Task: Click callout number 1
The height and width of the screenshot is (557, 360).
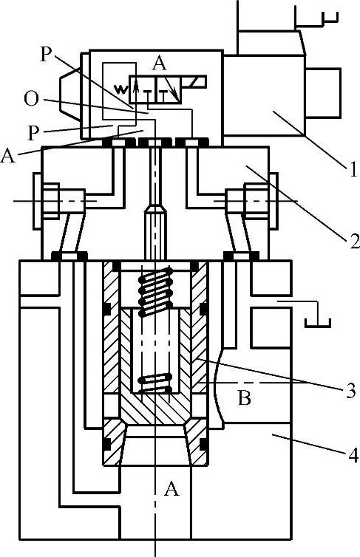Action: coord(353,169)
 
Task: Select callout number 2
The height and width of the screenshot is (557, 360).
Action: coord(353,240)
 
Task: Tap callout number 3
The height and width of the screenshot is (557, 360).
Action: coord(350,390)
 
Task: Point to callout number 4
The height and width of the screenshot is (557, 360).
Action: coord(352,455)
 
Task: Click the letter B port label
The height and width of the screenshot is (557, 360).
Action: coord(244,397)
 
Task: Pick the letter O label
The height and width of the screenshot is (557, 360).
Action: coord(31,98)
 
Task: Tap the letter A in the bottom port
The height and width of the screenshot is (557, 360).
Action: coord(171,489)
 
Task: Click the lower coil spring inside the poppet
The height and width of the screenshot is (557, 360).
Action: coord(155,383)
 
